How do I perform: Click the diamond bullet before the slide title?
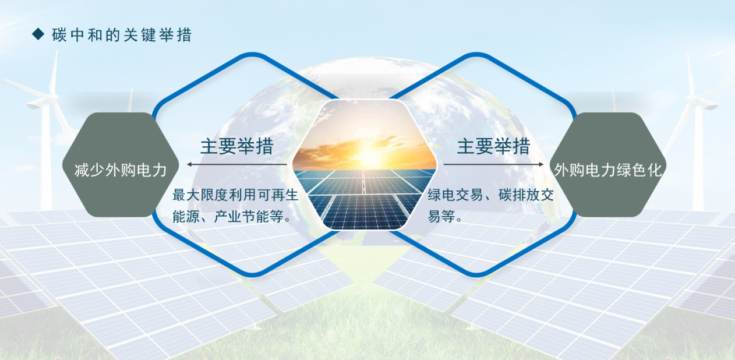(x=38, y=35)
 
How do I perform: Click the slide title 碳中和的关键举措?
(x=122, y=35)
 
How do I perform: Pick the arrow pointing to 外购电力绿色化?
(x=493, y=164)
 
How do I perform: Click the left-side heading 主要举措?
(x=236, y=146)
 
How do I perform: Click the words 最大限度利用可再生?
(x=235, y=195)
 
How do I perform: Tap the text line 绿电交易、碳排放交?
(x=491, y=195)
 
